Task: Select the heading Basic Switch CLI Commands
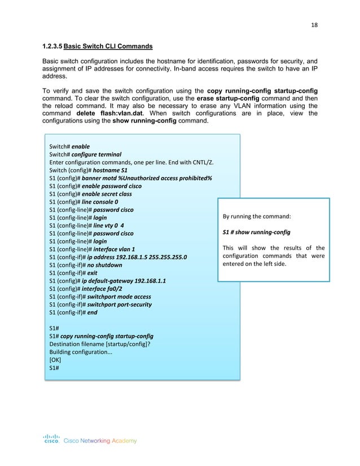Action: click(x=109, y=46)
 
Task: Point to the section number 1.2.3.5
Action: click(x=52, y=46)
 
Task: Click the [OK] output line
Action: click(x=55, y=359)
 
